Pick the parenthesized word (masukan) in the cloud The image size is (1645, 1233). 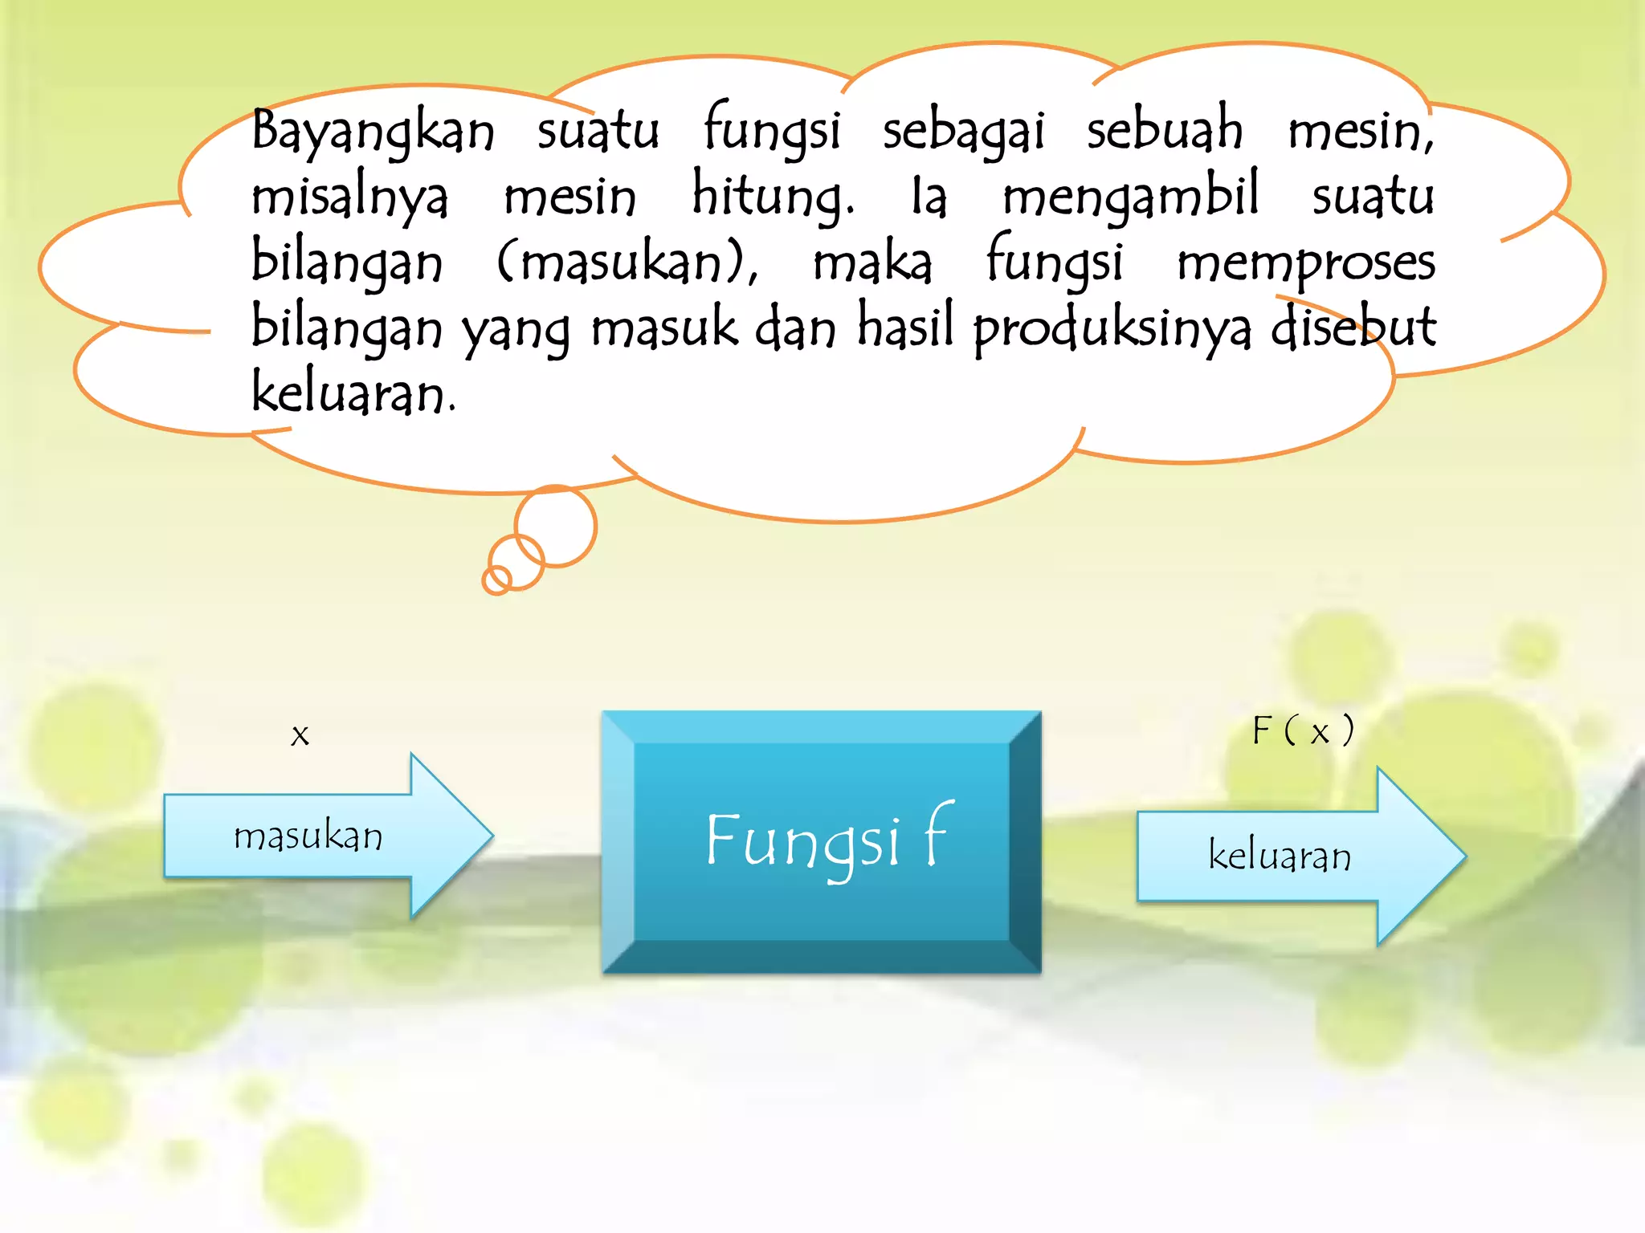point(627,263)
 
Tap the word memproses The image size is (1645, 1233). point(1306,263)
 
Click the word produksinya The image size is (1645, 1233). point(1112,329)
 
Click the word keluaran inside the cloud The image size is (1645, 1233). point(353,393)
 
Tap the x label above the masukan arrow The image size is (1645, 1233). point(300,735)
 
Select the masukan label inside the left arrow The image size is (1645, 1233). point(308,837)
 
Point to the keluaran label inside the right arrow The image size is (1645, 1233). point(1280,856)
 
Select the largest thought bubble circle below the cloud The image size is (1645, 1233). point(556,527)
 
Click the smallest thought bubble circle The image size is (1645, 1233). point(497,580)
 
